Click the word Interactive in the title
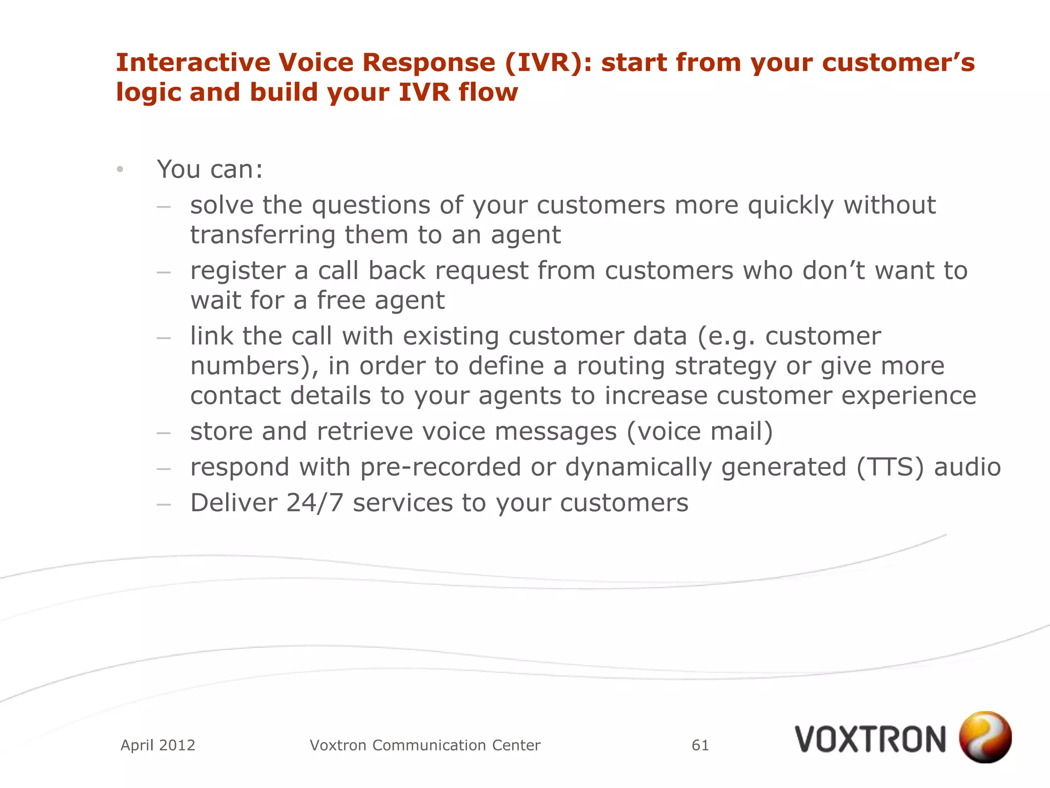[x=192, y=63]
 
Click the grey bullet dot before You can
[x=120, y=169]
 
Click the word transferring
[x=262, y=235]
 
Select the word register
[x=237, y=271]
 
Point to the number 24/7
[x=314, y=503]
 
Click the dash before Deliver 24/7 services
[x=164, y=504]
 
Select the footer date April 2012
[x=158, y=745]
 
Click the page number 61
[x=700, y=745]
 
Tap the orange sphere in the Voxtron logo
[x=985, y=737]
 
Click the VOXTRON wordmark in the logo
[x=870, y=740]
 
